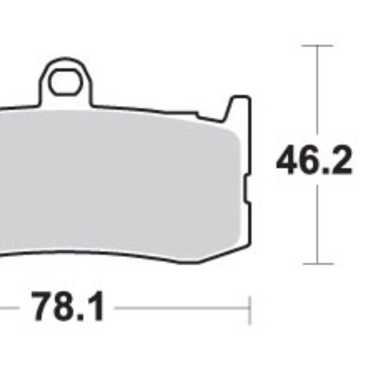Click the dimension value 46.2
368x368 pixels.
point(313,162)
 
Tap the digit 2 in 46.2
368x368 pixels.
point(340,162)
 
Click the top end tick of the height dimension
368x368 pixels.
point(317,45)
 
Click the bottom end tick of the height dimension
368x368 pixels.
point(317,264)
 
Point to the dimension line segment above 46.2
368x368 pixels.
point(317,92)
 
